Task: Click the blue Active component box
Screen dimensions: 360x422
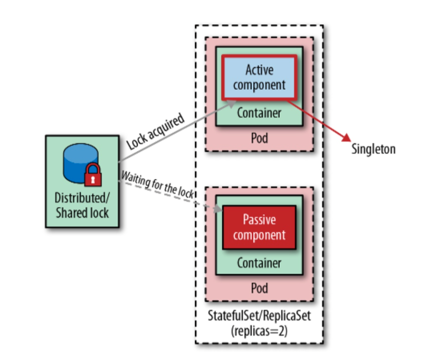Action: pos(259,77)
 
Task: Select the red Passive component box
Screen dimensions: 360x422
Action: pos(259,227)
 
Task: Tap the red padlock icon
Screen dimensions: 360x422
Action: pos(93,175)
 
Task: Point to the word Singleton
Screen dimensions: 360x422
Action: pos(373,149)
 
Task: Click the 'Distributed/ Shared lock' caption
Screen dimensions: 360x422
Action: pos(82,206)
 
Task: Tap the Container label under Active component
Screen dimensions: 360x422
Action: pos(259,113)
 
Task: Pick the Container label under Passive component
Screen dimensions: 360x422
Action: pos(259,263)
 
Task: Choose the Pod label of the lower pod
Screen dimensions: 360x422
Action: pos(259,288)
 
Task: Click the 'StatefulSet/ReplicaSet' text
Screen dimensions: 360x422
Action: pos(259,315)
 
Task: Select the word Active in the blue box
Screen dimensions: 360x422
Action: pos(259,69)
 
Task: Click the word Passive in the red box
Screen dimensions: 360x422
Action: pos(259,220)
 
